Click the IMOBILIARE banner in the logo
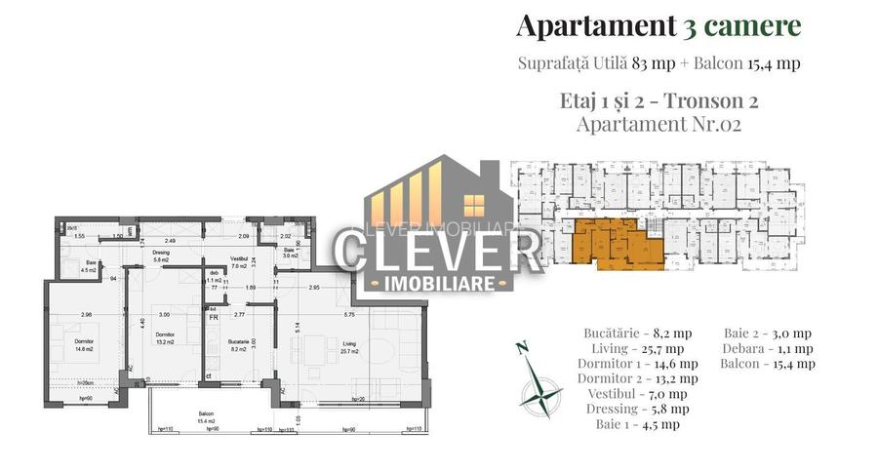[x=438, y=285]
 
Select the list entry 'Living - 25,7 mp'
[x=637, y=348]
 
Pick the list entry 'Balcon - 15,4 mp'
[x=770, y=364]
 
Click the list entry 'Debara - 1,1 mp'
[x=770, y=348]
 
